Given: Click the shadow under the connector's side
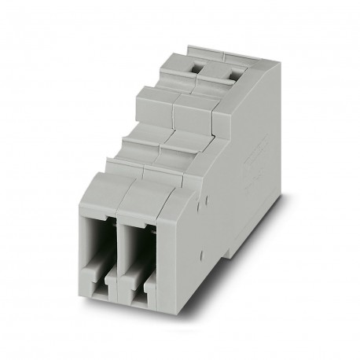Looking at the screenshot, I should [x=236, y=271].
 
